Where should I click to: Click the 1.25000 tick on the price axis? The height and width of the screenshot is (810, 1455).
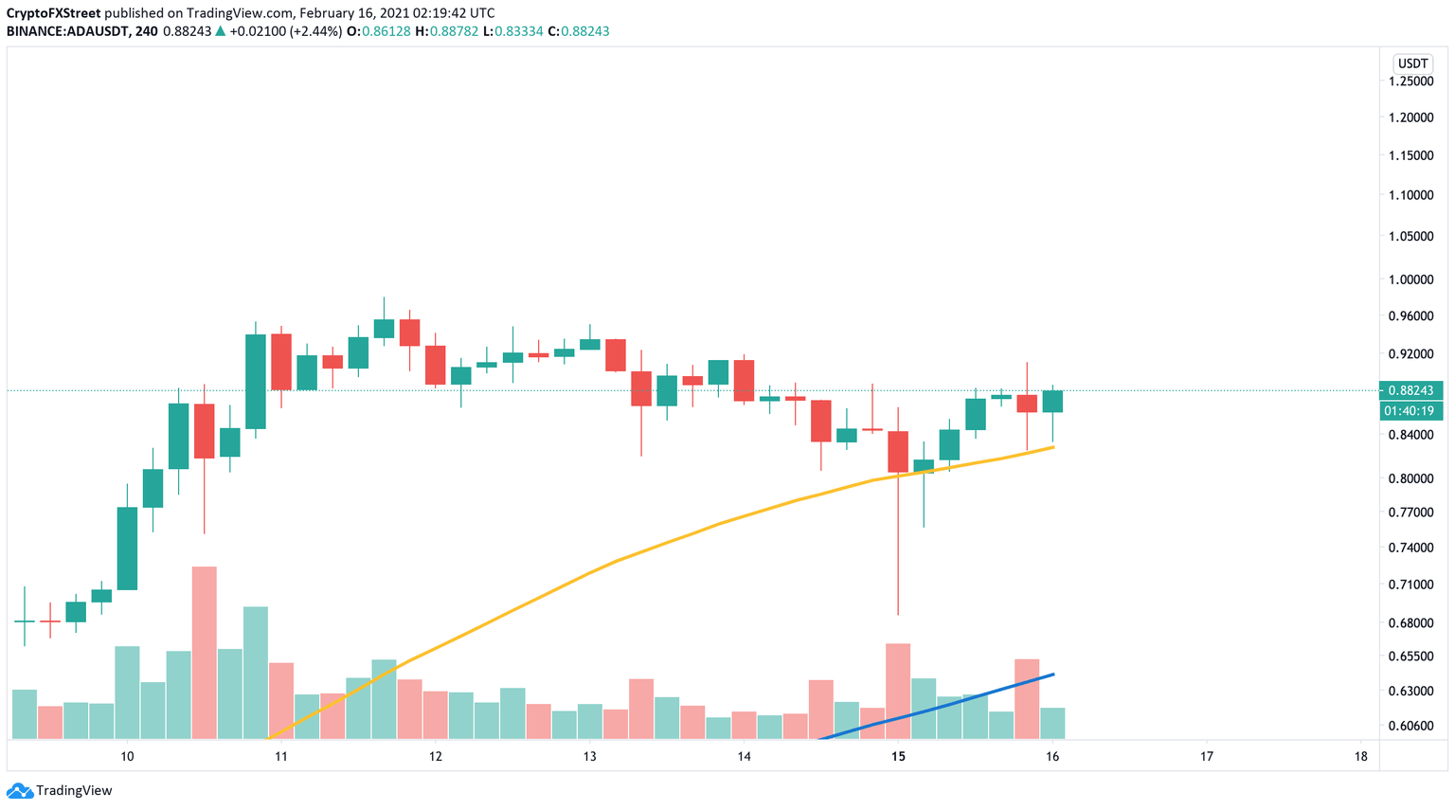coord(1410,81)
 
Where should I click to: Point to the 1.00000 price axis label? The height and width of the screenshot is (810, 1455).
coord(1410,279)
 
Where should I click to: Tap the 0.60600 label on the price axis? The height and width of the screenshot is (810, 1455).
coord(1410,726)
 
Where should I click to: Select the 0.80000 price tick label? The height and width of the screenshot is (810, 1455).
coord(1410,478)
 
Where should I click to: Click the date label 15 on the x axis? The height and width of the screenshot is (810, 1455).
coord(898,756)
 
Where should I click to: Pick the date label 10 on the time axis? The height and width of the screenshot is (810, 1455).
coord(127,756)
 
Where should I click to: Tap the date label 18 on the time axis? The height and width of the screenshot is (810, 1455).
coord(1360,756)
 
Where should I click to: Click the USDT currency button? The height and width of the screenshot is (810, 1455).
coord(1412,63)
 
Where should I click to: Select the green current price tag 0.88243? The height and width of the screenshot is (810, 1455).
coord(1410,390)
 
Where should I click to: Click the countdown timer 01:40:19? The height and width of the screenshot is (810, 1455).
coord(1410,411)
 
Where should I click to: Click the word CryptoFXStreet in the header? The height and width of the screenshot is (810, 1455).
coord(53,13)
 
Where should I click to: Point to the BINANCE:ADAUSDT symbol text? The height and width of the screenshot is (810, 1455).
coord(66,31)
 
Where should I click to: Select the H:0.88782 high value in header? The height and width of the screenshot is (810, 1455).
coord(443,31)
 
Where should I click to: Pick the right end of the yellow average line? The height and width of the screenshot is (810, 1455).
coord(1052,447)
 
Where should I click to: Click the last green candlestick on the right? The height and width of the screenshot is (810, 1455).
coord(1052,402)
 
